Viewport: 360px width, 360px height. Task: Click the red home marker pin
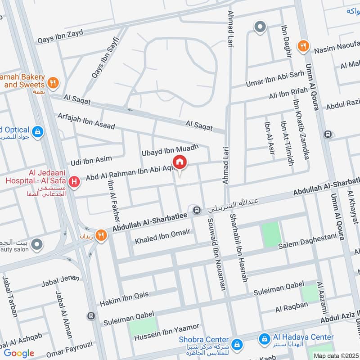pos(180,162)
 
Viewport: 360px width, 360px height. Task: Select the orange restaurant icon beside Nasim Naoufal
pos(304,45)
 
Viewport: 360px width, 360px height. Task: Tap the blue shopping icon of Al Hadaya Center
pos(264,337)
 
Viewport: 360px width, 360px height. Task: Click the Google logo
pos(19,353)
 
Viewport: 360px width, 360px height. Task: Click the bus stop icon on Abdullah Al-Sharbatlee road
pos(196,210)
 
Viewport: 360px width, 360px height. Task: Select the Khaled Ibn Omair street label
pos(163,237)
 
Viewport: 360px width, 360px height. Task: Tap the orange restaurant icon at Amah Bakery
pos(53,82)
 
